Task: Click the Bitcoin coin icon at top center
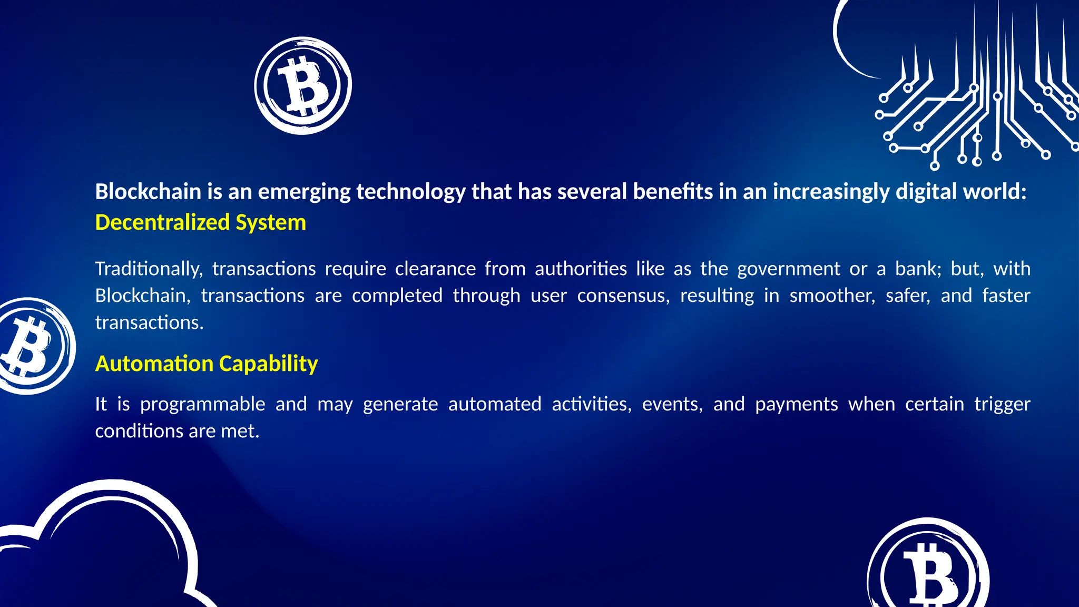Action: [x=303, y=85]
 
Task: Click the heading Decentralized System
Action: [x=200, y=222]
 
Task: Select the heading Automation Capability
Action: [x=207, y=364]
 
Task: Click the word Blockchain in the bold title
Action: [x=148, y=191]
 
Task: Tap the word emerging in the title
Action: [x=303, y=191]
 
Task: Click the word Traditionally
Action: [x=149, y=269]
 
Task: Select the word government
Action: [x=788, y=269]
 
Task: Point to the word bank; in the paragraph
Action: [x=918, y=269]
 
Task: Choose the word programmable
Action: [x=202, y=405]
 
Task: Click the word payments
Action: [x=796, y=405]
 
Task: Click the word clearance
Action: [x=435, y=269]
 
